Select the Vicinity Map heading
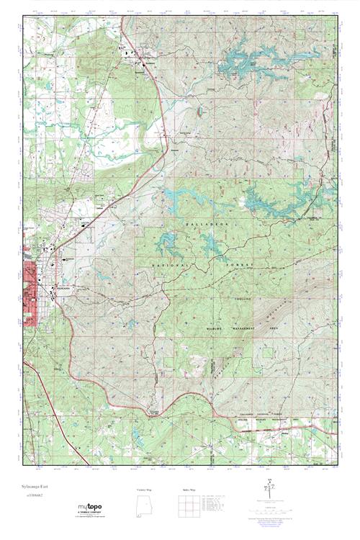146,490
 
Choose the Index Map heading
185,490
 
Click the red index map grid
185,508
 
